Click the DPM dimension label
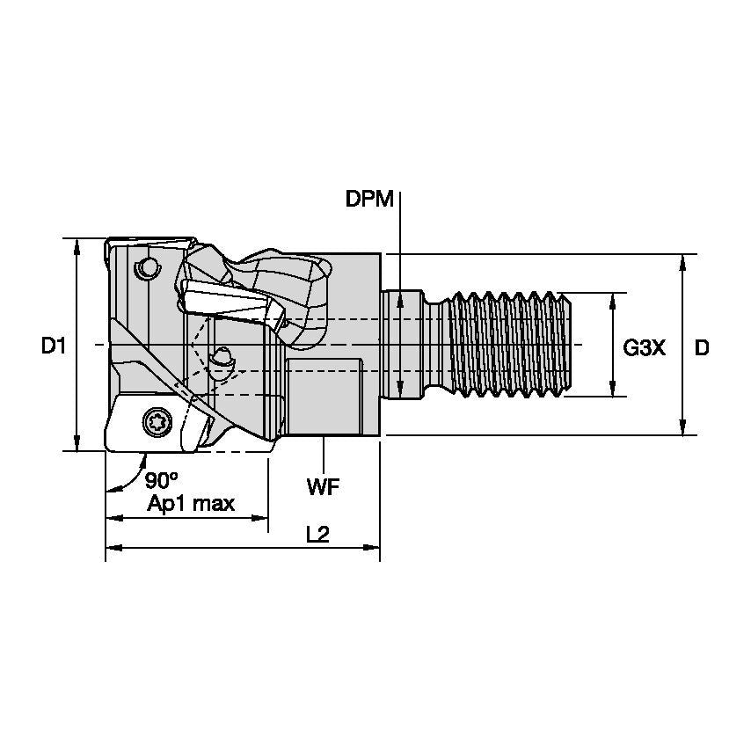(x=369, y=199)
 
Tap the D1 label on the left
(x=53, y=346)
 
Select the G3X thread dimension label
(x=645, y=347)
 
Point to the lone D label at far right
(x=702, y=347)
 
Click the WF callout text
(x=324, y=487)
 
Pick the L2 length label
(x=318, y=534)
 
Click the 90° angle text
(x=162, y=480)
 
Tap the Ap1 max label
(x=191, y=503)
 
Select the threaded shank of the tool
(x=510, y=345)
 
